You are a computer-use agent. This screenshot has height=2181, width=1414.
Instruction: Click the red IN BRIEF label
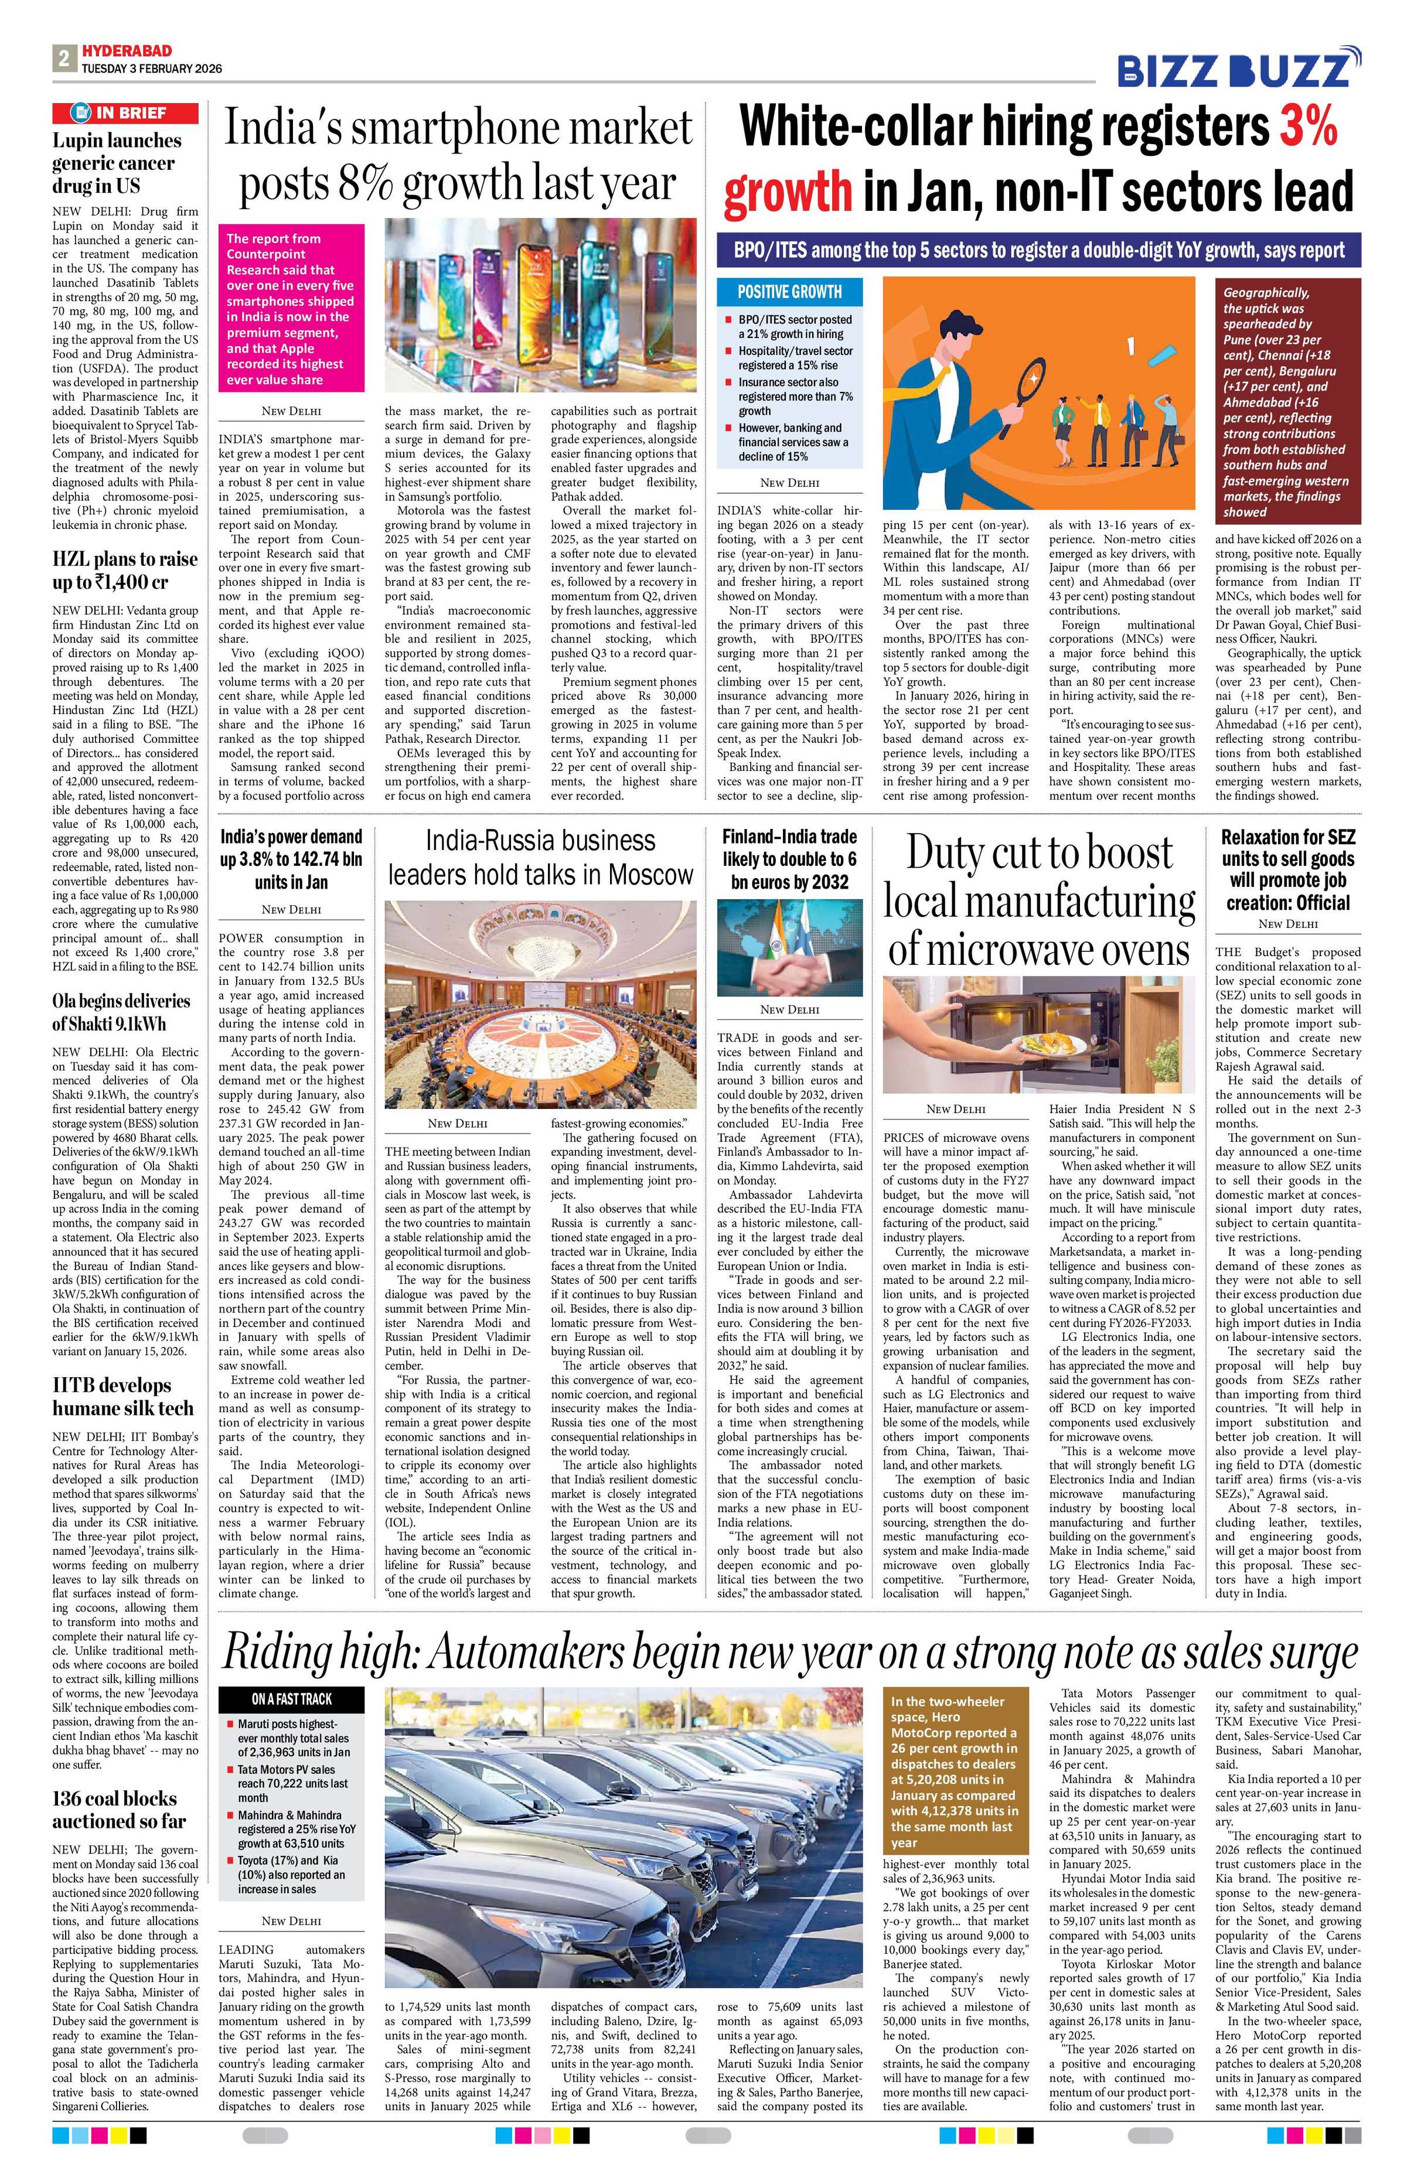[125, 112]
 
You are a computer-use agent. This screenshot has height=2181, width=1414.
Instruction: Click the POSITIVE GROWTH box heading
[789, 291]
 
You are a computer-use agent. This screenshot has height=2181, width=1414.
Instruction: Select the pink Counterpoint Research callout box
[288, 308]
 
